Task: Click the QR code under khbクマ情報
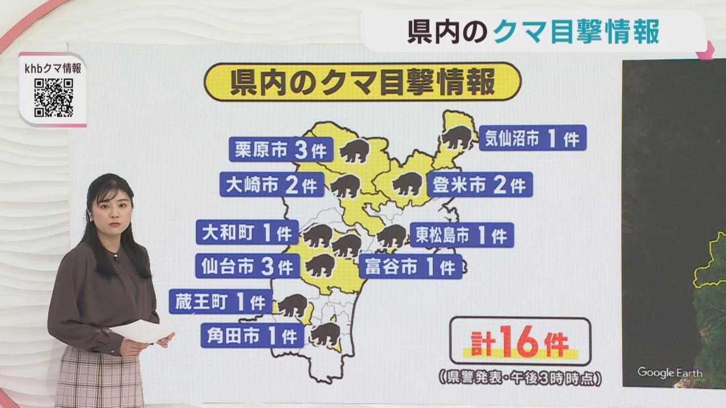(53, 97)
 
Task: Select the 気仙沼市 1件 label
(532, 138)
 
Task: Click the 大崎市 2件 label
(272, 185)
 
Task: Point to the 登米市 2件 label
(479, 185)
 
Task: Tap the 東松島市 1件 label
(461, 235)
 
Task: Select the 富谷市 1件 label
(410, 267)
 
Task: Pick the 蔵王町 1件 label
(220, 301)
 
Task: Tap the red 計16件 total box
(520, 341)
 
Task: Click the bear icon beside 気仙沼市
(457, 138)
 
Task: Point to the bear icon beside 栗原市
(355, 151)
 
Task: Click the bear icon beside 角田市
(326, 335)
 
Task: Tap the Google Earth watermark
(669, 372)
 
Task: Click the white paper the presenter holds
(142, 331)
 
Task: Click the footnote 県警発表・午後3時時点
(520, 377)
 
